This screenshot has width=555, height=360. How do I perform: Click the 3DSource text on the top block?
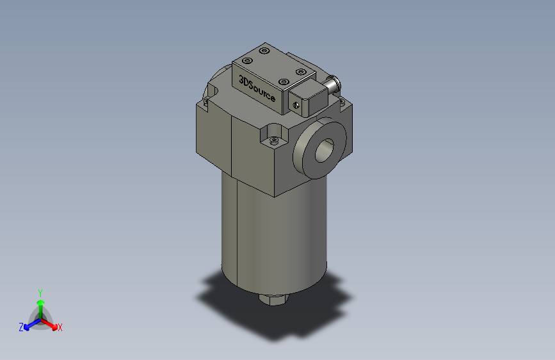[x=257, y=90]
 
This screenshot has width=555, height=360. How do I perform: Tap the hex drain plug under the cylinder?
[x=273, y=299]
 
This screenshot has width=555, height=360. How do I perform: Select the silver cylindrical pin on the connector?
[x=333, y=81]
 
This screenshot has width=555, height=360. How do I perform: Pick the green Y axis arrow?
[x=40, y=301]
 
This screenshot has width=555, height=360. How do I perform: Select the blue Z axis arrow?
[x=29, y=325]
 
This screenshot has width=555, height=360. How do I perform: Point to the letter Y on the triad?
[x=40, y=291]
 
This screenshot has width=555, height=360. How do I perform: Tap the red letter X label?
[x=60, y=328]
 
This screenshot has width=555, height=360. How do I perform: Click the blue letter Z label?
[x=21, y=327]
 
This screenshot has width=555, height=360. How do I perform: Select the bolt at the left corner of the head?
[x=206, y=101]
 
